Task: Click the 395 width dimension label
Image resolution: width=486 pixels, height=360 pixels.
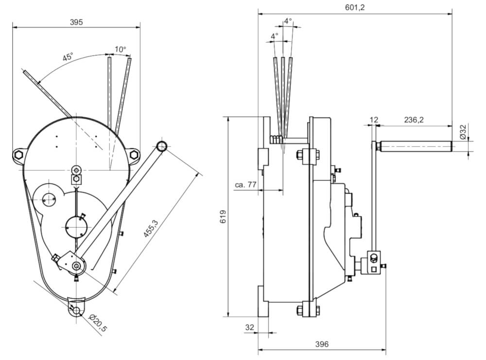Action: (76, 22)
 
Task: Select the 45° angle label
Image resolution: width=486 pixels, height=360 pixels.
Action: (68, 57)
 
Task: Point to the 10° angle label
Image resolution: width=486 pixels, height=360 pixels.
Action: (120, 49)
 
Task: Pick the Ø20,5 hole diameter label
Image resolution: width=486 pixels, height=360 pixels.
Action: (99, 323)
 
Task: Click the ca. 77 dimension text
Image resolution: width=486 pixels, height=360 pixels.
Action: (246, 186)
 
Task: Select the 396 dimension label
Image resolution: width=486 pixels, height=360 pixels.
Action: (322, 344)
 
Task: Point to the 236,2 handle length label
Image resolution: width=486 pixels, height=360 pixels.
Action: (413, 120)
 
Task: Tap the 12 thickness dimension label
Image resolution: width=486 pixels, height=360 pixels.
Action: (374, 120)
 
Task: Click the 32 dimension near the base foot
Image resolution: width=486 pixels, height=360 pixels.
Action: (249, 328)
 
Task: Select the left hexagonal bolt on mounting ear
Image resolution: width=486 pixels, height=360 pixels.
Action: (18, 155)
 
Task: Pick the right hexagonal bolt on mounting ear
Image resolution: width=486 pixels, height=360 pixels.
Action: (134, 155)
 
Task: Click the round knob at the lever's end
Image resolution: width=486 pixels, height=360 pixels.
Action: (162, 145)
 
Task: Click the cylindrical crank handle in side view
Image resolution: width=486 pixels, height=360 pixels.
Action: (416, 145)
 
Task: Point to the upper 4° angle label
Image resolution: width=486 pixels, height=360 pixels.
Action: (288, 21)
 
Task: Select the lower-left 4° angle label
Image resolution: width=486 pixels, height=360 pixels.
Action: (275, 36)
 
